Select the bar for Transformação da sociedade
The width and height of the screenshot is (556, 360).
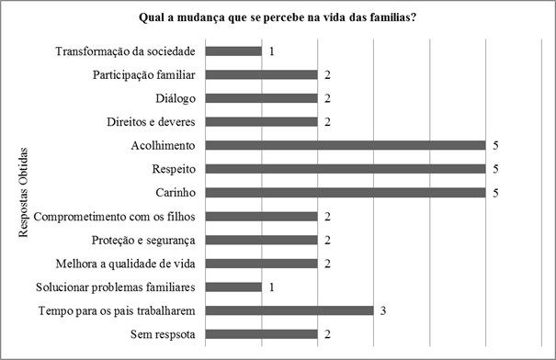[x=233, y=51]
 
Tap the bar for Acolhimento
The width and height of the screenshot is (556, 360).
[x=346, y=145]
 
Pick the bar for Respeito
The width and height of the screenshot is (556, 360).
[x=346, y=169]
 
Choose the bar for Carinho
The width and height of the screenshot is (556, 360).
[x=346, y=192]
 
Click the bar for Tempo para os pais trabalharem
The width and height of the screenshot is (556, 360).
[x=289, y=310]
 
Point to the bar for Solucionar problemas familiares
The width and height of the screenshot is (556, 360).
[x=233, y=287]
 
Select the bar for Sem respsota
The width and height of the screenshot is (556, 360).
[x=262, y=334]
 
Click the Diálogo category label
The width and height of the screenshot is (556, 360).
[x=178, y=98]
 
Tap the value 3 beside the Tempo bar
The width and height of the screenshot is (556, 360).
[x=383, y=310]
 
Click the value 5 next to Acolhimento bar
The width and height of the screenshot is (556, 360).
[x=494, y=145]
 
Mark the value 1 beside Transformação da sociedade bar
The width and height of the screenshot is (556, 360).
[x=272, y=51]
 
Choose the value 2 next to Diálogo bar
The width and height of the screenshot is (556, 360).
[x=327, y=98]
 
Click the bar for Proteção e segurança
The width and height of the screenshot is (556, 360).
[x=262, y=240]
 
